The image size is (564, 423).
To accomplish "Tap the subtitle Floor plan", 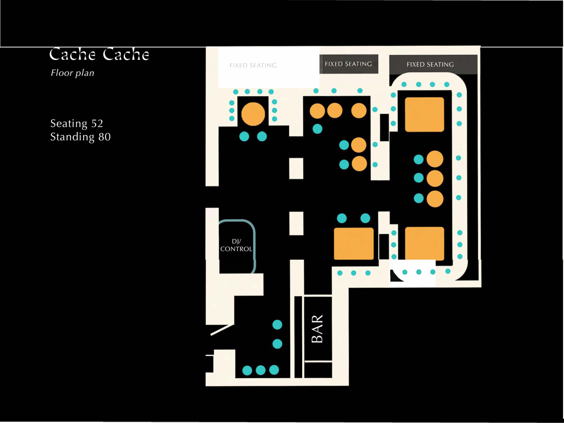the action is [72, 73].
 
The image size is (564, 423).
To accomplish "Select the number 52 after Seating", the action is [97, 123].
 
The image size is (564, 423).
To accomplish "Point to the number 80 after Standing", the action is [105, 137].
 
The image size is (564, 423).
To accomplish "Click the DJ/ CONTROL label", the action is [236, 245].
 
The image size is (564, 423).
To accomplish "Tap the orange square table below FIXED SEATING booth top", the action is [425, 114].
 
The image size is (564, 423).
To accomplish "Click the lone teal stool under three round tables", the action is [317, 129].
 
